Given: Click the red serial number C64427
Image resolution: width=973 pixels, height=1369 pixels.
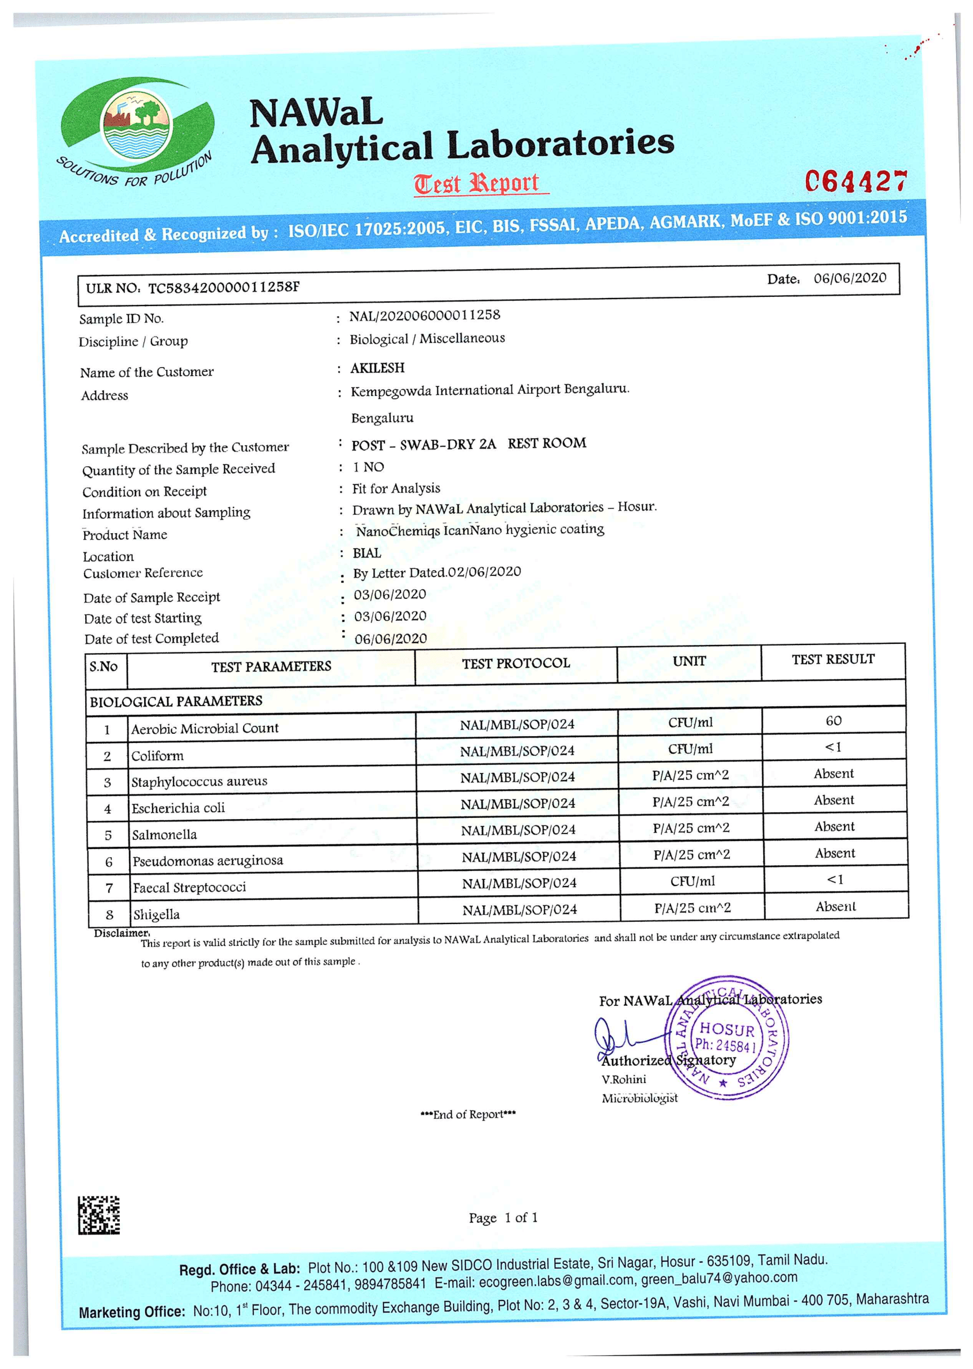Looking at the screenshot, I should [x=855, y=182].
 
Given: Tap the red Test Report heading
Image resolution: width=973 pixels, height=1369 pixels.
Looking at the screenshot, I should [x=477, y=183].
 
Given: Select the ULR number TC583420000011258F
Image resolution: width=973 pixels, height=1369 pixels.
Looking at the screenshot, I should [x=224, y=288].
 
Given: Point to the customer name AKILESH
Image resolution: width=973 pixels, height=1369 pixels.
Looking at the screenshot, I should [x=377, y=367].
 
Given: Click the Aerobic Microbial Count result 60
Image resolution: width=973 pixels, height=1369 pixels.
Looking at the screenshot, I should [x=834, y=721].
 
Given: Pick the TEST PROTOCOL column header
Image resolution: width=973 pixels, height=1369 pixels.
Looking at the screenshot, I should [x=515, y=663].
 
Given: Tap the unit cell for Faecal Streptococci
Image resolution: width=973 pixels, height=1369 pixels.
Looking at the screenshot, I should [x=692, y=881].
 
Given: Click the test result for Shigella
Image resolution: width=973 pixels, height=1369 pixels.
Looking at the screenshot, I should [x=835, y=907].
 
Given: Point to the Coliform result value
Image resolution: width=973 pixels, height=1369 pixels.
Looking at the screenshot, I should [x=834, y=748].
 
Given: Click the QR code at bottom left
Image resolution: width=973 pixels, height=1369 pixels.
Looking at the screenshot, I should [x=99, y=1215].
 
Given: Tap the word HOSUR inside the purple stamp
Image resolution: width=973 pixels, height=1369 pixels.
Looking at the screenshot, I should [x=727, y=1029].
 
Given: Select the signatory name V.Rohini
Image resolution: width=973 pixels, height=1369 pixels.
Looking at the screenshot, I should [x=624, y=1080].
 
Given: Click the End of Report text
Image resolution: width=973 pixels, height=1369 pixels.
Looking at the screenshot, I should [x=468, y=1114].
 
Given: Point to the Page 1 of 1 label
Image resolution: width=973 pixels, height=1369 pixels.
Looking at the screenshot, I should [x=503, y=1217].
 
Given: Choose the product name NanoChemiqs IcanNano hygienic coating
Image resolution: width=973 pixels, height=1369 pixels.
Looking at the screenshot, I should [x=480, y=530].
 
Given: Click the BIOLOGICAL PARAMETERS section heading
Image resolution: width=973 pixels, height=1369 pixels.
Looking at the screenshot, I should [x=176, y=702].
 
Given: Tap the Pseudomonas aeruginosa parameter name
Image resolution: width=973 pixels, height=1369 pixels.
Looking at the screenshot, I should [x=207, y=861].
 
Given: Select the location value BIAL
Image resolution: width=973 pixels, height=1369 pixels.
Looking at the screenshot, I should [x=366, y=553].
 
